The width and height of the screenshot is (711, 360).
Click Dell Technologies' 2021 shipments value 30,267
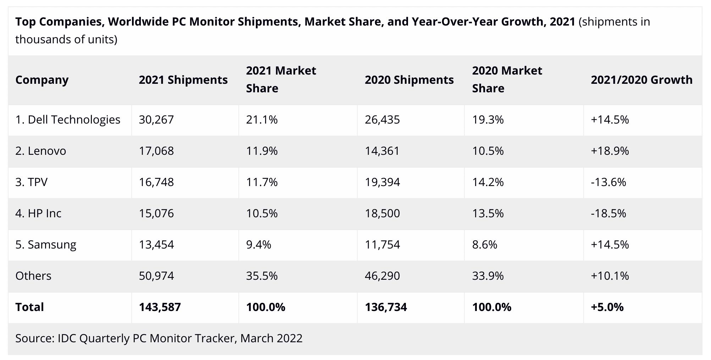pyautogui.click(x=156, y=120)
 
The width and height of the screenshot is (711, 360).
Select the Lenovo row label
pyautogui.click(x=40, y=151)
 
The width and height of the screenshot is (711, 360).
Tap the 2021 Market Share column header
pyautogui.click(x=281, y=80)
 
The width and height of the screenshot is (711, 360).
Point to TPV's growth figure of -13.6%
pyautogui.click(x=608, y=182)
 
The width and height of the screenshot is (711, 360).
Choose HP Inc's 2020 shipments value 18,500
pyautogui.click(x=382, y=213)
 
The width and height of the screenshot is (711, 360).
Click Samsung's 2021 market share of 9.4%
pyautogui.click(x=258, y=245)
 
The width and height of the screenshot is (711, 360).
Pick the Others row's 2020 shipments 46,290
pyautogui.click(x=382, y=276)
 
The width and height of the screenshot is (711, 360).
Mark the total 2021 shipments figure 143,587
pyautogui.click(x=160, y=307)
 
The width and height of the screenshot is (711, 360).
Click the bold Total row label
pyautogui.click(x=29, y=307)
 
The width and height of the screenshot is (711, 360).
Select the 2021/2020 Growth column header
pyautogui.click(x=641, y=80)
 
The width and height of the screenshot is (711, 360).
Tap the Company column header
pyautogui.click(x=42, y=80)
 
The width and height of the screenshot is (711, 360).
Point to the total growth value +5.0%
pyautogui.click(x=607, y=307)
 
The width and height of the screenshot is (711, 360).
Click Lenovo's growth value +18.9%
pyautogui.click(x=610, y=151)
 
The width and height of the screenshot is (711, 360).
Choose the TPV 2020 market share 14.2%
pyautogui.click(x=487, y=182)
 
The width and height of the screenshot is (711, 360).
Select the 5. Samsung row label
pyautogui.click(x=46, y=245)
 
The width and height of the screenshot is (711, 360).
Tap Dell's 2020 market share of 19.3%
pyautogui.click(x=487, y=120)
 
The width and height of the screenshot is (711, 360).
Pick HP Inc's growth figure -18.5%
pyautogui.click(x=608, y=213)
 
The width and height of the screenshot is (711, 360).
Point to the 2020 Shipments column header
pyautogui.click(x=409, y=80)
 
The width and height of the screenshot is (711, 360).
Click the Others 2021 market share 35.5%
pyautogui.click(x=261, y=276)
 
